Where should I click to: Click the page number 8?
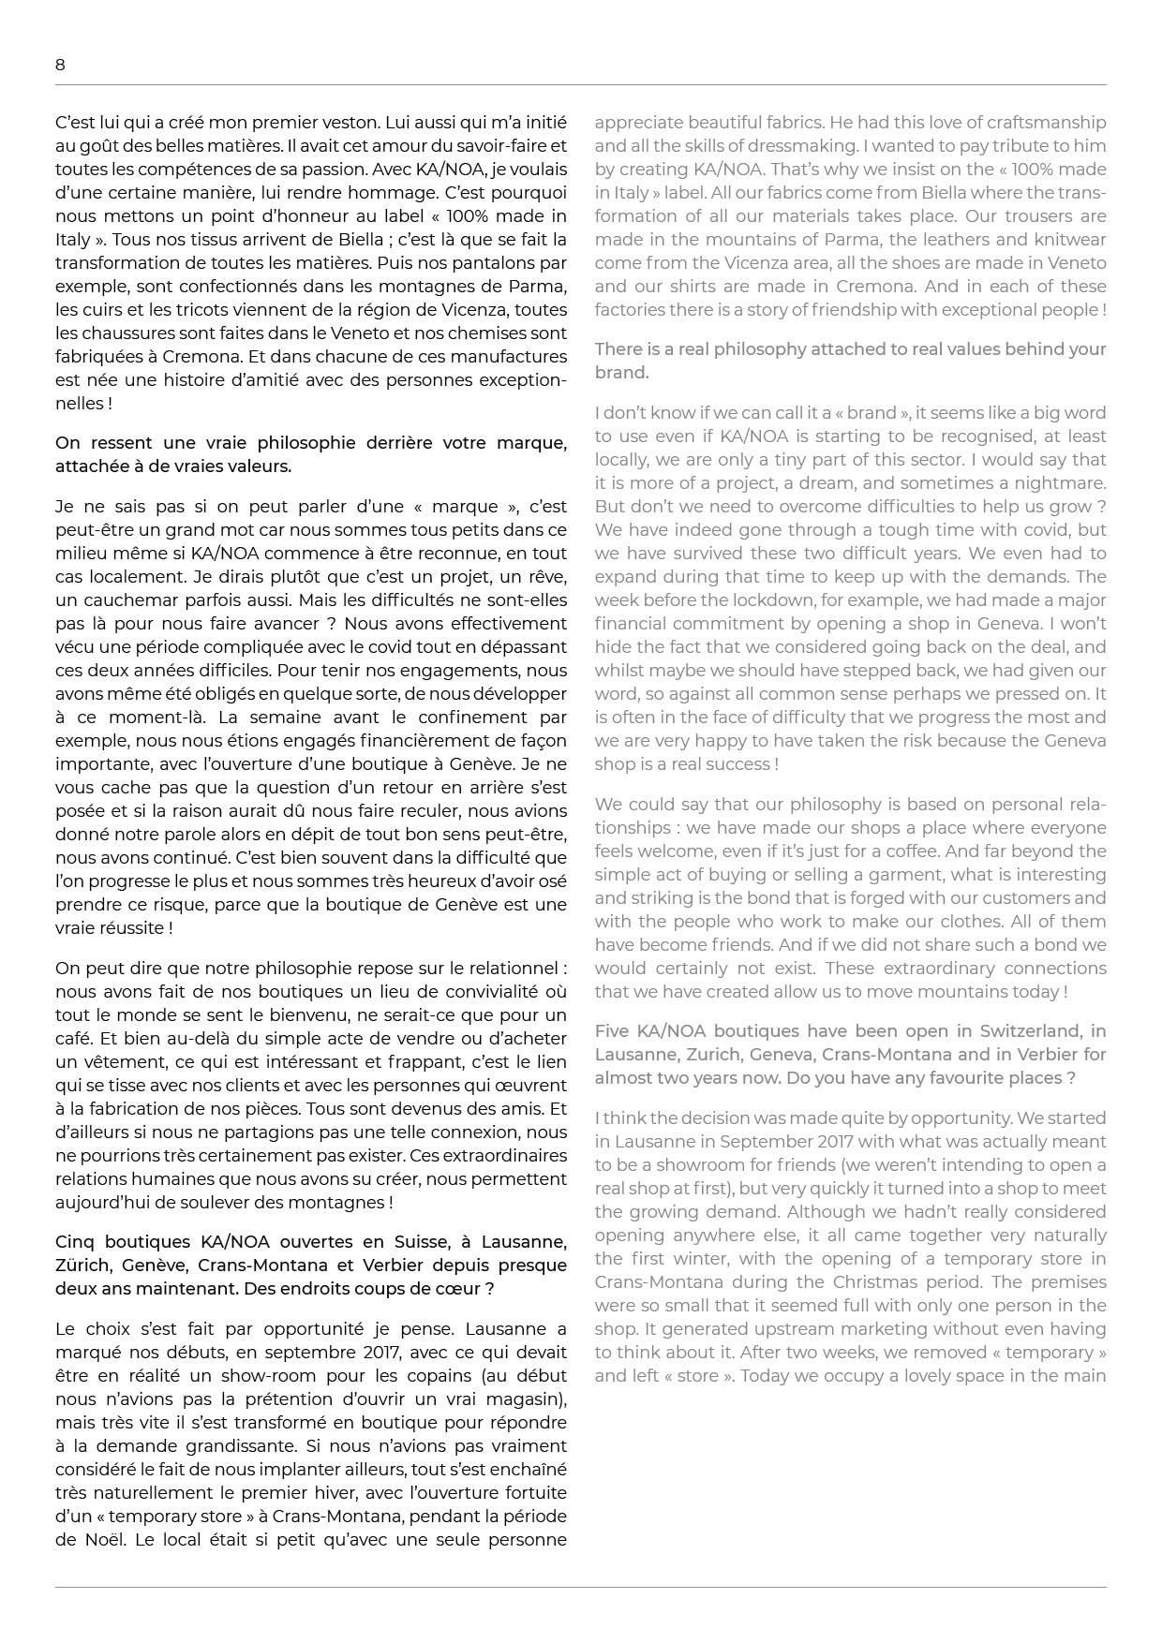pyautogui.click(x=60, y=65)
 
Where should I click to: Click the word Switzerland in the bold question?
pyautogui.click(x=1029, y=1031)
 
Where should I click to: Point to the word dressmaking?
pyautogui.click(x=797, y=146)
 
